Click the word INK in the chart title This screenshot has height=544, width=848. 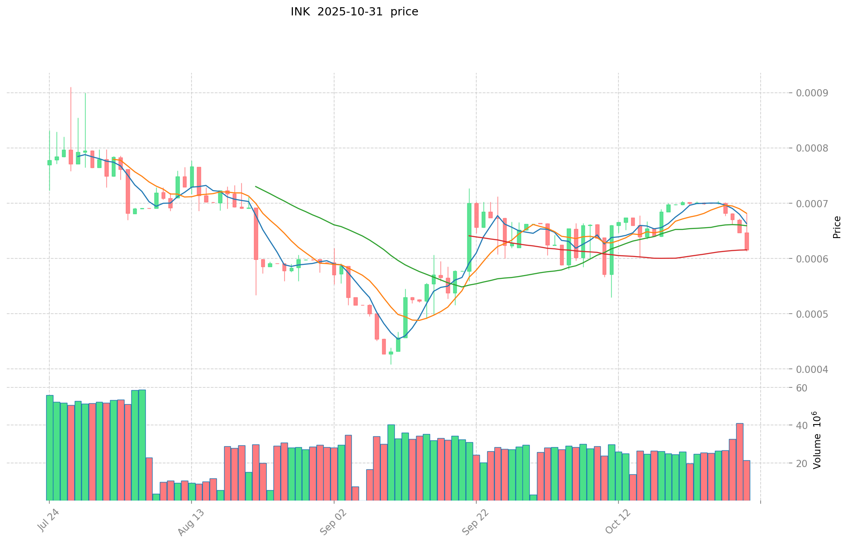(300, 12)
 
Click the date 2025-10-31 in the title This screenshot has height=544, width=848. (349, 12)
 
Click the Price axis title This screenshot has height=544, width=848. (837, 227)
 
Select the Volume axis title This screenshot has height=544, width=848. (816, 440)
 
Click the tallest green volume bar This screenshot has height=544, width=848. (142, 445)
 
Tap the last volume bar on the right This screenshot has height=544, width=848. (747, 480)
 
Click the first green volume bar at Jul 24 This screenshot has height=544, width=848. (49, 448)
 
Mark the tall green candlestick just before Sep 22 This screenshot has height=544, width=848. (469, 237)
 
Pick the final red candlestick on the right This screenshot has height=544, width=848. (747, 241)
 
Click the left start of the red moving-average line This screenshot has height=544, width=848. (470, 236)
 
